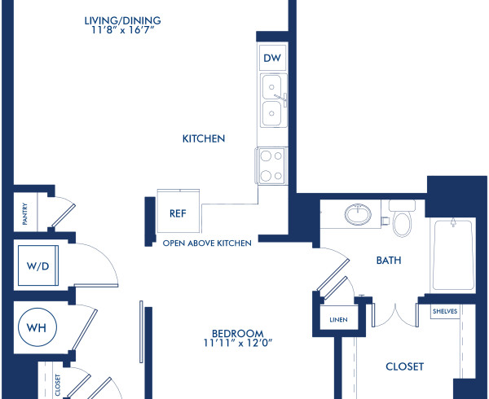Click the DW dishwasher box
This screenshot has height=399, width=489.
click(x=271, y=58)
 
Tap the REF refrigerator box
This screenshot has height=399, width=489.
click(x=178, y=213)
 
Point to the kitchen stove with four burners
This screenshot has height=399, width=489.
click(x=271, y=165)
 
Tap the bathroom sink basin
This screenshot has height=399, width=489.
click(x=356, y=215)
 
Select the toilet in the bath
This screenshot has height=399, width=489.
click(x=403, y=219)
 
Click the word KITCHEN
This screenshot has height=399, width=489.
click(x=203, y=139)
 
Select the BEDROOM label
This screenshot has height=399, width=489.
click(x=237, y=332)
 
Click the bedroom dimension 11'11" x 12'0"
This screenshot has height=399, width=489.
click(x=237, y=344)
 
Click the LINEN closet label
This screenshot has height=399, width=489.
click(x=337, y=318)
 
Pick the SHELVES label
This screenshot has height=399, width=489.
click(x=444, y=311)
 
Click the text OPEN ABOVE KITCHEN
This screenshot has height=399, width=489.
click(x=207, y=243)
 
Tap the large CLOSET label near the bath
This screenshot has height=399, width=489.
click(x=404, y=366)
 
